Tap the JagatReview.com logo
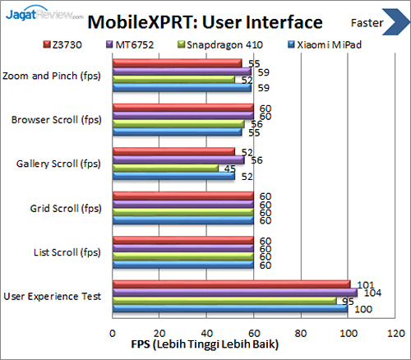[43, 12]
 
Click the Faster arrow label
[376, 21]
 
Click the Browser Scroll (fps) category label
[56, 119]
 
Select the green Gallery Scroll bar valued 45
[165, 168]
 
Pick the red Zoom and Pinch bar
[177, 62]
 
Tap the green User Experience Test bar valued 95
[224, 301]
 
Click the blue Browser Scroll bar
[177, 132]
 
